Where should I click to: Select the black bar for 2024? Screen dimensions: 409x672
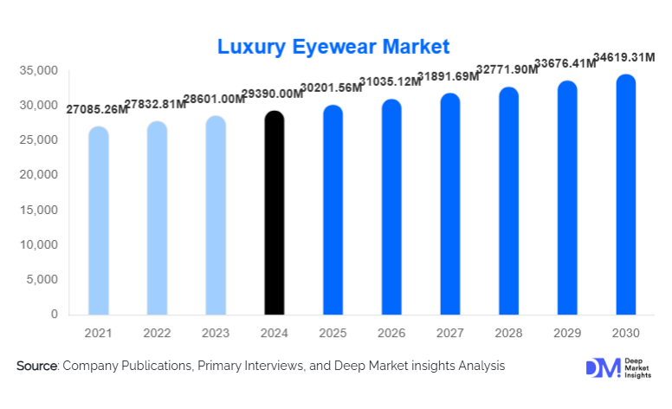[x=274, y=213]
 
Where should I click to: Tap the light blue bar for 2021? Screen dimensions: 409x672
[x=99, y=221]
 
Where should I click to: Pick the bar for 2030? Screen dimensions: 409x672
[x=625, y=195]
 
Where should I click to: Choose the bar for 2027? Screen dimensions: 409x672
[x=449, y=204]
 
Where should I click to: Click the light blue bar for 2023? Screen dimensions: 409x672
[x=216, y=216]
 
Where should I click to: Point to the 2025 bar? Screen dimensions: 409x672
[x=333, y=211]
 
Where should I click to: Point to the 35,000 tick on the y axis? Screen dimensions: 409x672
[x=39, y=70]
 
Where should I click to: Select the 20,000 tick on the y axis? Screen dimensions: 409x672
[x=39, y=175]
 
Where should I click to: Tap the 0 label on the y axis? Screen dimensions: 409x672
[x=54, y=314]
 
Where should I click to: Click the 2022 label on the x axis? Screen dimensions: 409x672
[x=157, y=332]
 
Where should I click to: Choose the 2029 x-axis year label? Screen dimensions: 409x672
[x=567, y=332]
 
